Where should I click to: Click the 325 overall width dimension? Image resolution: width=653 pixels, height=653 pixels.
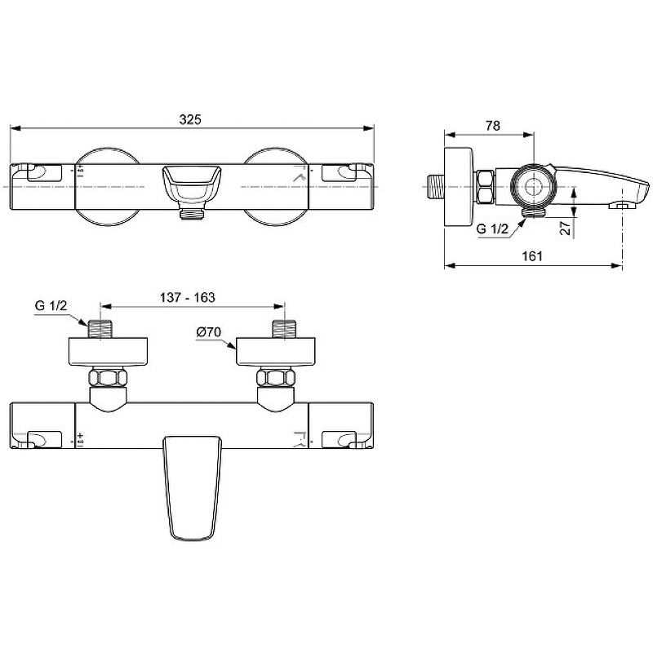click(190, 119)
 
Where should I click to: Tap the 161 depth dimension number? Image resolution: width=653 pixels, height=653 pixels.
click(531, 255)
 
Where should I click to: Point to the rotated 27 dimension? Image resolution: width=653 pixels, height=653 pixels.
click(564, 228)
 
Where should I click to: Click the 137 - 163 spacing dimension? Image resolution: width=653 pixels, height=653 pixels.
click(189, 298)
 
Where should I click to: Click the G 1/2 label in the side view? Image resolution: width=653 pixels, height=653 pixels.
click(492, 230)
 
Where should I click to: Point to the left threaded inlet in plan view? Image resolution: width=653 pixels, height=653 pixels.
click(100, 330)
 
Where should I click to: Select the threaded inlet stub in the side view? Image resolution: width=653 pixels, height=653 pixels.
click(434, 184)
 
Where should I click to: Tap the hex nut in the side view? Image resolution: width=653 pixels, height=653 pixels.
click(486, 186)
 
